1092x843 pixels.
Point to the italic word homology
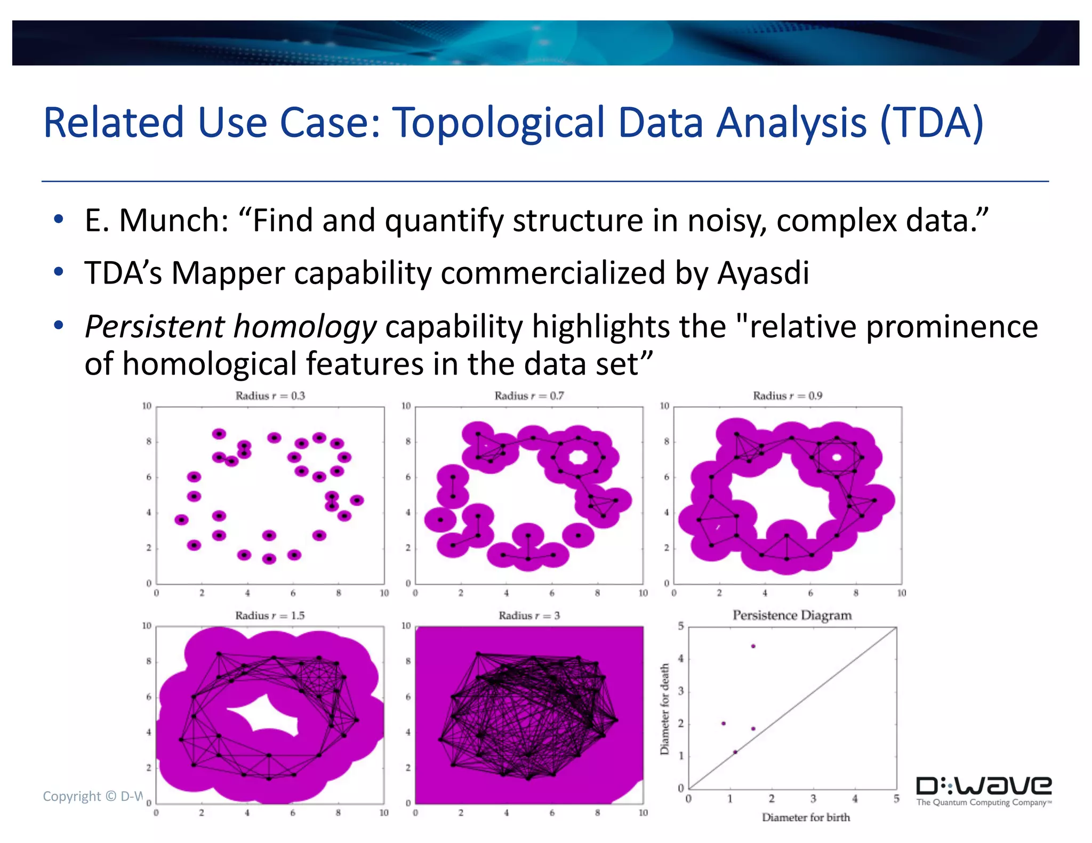coord(305,327)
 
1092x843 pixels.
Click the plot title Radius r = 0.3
coord(270,396)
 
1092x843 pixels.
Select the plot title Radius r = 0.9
coord(787,396)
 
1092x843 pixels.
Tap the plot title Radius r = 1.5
coord(270,615)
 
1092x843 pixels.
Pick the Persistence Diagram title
coord(792,615)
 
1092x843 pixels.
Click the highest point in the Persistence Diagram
coord(753,646)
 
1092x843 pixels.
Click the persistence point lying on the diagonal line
coord(735,752)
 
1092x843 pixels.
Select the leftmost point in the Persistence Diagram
coord(723,724)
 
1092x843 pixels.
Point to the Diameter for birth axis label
coord(806,817)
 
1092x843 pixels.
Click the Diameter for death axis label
coord(665,709)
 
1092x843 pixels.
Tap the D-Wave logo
coord(984,790)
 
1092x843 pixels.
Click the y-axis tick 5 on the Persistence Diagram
coord(681,627)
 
